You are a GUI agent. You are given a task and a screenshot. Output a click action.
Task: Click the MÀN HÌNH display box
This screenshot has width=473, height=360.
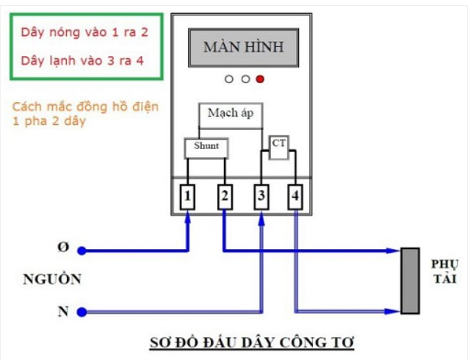[243, 49]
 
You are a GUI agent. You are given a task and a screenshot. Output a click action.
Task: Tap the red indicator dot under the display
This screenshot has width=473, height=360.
[259, 79]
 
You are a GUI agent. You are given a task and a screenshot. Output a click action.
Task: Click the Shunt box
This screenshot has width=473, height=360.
[206, 147]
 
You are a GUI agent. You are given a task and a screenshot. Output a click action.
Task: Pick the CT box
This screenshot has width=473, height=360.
[279, 144]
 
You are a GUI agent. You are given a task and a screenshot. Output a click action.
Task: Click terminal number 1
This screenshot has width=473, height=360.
[189, 196]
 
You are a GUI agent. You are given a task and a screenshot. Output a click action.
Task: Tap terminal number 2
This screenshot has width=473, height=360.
[225, 196]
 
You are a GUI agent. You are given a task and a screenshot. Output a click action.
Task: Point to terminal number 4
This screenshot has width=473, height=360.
[295, 196]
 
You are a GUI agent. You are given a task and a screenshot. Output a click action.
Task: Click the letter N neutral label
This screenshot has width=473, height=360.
[63, 312]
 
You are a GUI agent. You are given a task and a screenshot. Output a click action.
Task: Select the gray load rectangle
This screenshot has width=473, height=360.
[409, 281]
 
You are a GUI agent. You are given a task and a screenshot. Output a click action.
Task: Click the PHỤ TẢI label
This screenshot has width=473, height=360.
[444, 270]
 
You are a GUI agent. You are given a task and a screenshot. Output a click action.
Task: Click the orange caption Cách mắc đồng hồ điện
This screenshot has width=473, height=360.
[85, 107]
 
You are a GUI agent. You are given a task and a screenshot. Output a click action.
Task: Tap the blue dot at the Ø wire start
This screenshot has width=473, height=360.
[82, 251]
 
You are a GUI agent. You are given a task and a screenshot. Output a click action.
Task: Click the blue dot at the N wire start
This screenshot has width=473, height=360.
[82, 312]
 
